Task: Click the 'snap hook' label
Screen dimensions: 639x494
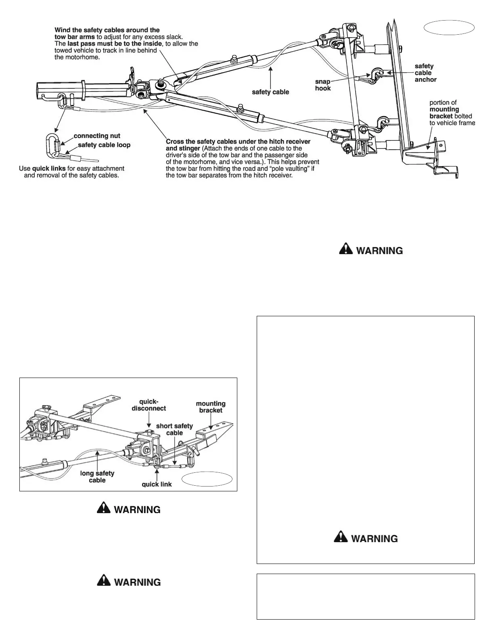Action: point(323,85)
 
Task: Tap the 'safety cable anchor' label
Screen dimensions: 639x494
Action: point(425,73)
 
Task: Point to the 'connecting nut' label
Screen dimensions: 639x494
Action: point(97,136)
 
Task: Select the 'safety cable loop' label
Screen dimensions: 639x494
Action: point(104,145)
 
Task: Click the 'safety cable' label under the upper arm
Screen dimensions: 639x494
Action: point(270,92)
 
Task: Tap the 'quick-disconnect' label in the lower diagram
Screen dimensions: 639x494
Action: point(149,405)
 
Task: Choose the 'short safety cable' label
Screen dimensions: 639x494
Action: point(174,429)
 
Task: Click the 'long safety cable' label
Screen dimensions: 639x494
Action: point(97,477)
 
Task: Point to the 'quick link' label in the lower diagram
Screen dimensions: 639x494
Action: point(157,484)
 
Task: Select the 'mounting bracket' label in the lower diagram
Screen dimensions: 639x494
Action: point(211,407)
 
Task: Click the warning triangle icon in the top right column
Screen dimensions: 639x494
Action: point(345,250)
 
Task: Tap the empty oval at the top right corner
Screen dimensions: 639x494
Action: point(449,27)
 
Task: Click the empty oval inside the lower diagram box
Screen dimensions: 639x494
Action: point(207,479)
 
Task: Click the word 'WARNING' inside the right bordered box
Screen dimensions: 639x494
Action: point(374,539)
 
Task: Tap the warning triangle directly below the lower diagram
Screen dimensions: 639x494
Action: point(104,509)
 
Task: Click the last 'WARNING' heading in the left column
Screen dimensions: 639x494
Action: point(137,582)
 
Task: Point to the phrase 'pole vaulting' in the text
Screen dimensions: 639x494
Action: point(292,169)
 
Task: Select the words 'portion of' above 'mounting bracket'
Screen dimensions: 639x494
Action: point(443,102)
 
